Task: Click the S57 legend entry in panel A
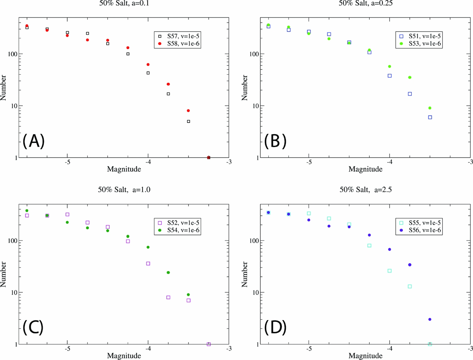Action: (x=178, y=36)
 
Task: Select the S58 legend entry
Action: (x=178, y=44)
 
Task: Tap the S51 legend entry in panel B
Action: (x=419, y=36)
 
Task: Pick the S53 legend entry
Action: (x=419, y=44)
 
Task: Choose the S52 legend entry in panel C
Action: (x=178, y=223)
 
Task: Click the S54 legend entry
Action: (x=178, y=230)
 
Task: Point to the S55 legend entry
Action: (x=419, y=223)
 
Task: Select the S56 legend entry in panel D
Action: (x=419, y=230)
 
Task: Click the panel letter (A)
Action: (x=34, y=141)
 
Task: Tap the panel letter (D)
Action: (x=275, y=327)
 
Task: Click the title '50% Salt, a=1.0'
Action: (x=124, y=189)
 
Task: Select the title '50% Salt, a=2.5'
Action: (x=365, y=189)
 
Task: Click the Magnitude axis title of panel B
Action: (x=365, y=169)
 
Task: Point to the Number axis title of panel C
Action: (x=4, y=274)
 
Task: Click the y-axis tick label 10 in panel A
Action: (x=14, y=106)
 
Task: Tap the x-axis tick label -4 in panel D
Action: (x=389, y=348)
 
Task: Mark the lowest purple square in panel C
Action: (x=209, y=344)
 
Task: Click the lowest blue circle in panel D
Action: (x=430, y=319)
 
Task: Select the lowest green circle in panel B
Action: (x=430, y=108)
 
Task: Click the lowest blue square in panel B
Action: (x=430, y=117)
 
